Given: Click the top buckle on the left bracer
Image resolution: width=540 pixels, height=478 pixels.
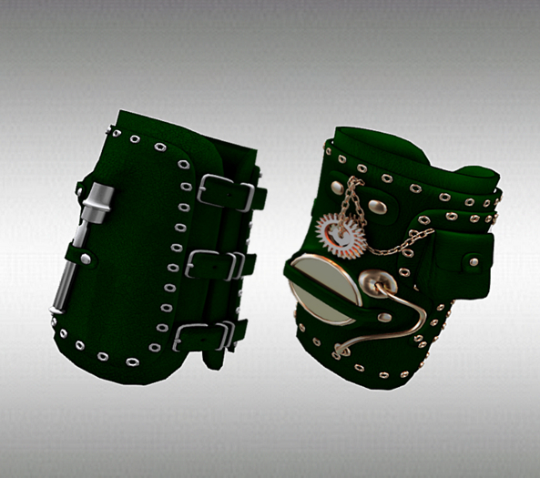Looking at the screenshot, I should [224, 191].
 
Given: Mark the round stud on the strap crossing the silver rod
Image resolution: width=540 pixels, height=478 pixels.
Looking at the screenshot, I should [86, 259].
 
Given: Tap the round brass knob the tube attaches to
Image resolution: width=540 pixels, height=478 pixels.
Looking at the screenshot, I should [372, 283].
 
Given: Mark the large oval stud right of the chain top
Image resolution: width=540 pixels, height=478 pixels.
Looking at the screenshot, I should [378, 207].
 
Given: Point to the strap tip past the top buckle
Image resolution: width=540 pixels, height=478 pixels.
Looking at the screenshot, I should [259, 196].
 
